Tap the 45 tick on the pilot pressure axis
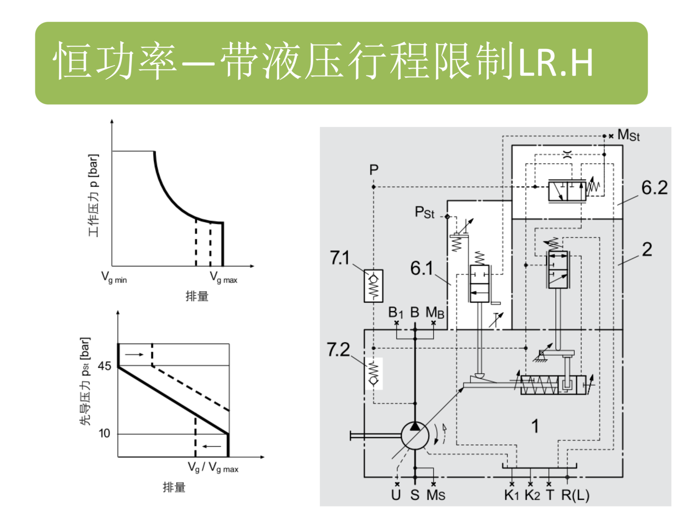pos(105,366)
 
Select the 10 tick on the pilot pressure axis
pos(104,433)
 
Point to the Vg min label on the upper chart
pos(114,277)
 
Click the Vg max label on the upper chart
pos(223,277)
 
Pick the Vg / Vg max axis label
pos(213,468)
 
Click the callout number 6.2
pos(654,188)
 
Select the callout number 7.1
pos(340,258)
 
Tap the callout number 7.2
pos(338,350)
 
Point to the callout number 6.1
pos(422,268)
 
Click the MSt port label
pos(628,135)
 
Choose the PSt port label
pos(424,212)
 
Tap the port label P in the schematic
pos(374,170)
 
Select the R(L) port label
pos(575,495)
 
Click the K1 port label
pos(512,495)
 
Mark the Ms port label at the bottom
pos(436,495)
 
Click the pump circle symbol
pos(415,436)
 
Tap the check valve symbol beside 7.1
pos(373,286)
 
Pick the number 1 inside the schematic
pos(535,426)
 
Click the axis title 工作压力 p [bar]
pos(93,195)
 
